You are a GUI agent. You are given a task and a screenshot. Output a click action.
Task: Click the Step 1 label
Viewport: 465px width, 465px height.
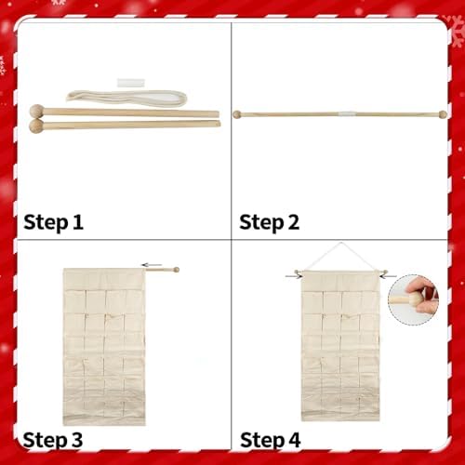pyautogui.click(x=53, y=222)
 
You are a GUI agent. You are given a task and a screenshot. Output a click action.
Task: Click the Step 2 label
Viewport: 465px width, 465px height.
pyautogui.click(x=270, y=222)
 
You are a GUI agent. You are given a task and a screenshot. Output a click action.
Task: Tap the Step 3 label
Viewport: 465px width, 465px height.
pyautogui.click(x=53, y=440)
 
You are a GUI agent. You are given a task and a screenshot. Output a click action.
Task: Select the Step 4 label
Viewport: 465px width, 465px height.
pyautogui.click(x=271, y=440)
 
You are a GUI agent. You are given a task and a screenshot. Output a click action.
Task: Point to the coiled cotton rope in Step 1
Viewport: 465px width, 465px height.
pyautogui.click(x=126, y=99)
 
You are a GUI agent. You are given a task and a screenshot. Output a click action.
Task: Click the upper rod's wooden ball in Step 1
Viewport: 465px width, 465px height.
pyautogui.click(x=37, y=112)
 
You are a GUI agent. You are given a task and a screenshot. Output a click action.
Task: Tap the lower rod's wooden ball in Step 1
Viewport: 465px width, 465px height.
pyautogui.click(x=36, y=126)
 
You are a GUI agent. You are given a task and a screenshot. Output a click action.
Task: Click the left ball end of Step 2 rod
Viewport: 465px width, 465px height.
pyautogui.click(x=237, y=114)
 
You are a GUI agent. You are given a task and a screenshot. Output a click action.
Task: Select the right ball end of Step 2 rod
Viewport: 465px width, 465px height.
pyautogui.click(x=443, y=114)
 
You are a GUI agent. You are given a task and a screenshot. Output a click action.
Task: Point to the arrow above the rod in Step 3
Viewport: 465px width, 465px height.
pyautogui.click(x=152, y=265)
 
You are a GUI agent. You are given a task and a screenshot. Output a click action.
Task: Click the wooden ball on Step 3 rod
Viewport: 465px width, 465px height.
pyautogui.click(x=176, y=270)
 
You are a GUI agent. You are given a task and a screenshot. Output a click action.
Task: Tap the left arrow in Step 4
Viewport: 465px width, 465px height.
pyautogui.click(x=293, y=276)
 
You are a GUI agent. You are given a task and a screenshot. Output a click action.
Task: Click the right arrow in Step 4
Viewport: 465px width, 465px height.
pyautogui.click(x=389, y=276)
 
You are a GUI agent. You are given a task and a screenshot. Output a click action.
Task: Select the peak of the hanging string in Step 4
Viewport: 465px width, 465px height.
pyautogui.click(x=341, y=243)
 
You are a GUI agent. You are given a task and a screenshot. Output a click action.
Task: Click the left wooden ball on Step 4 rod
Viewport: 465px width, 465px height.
pyautogui.click(x=297, y=272)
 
